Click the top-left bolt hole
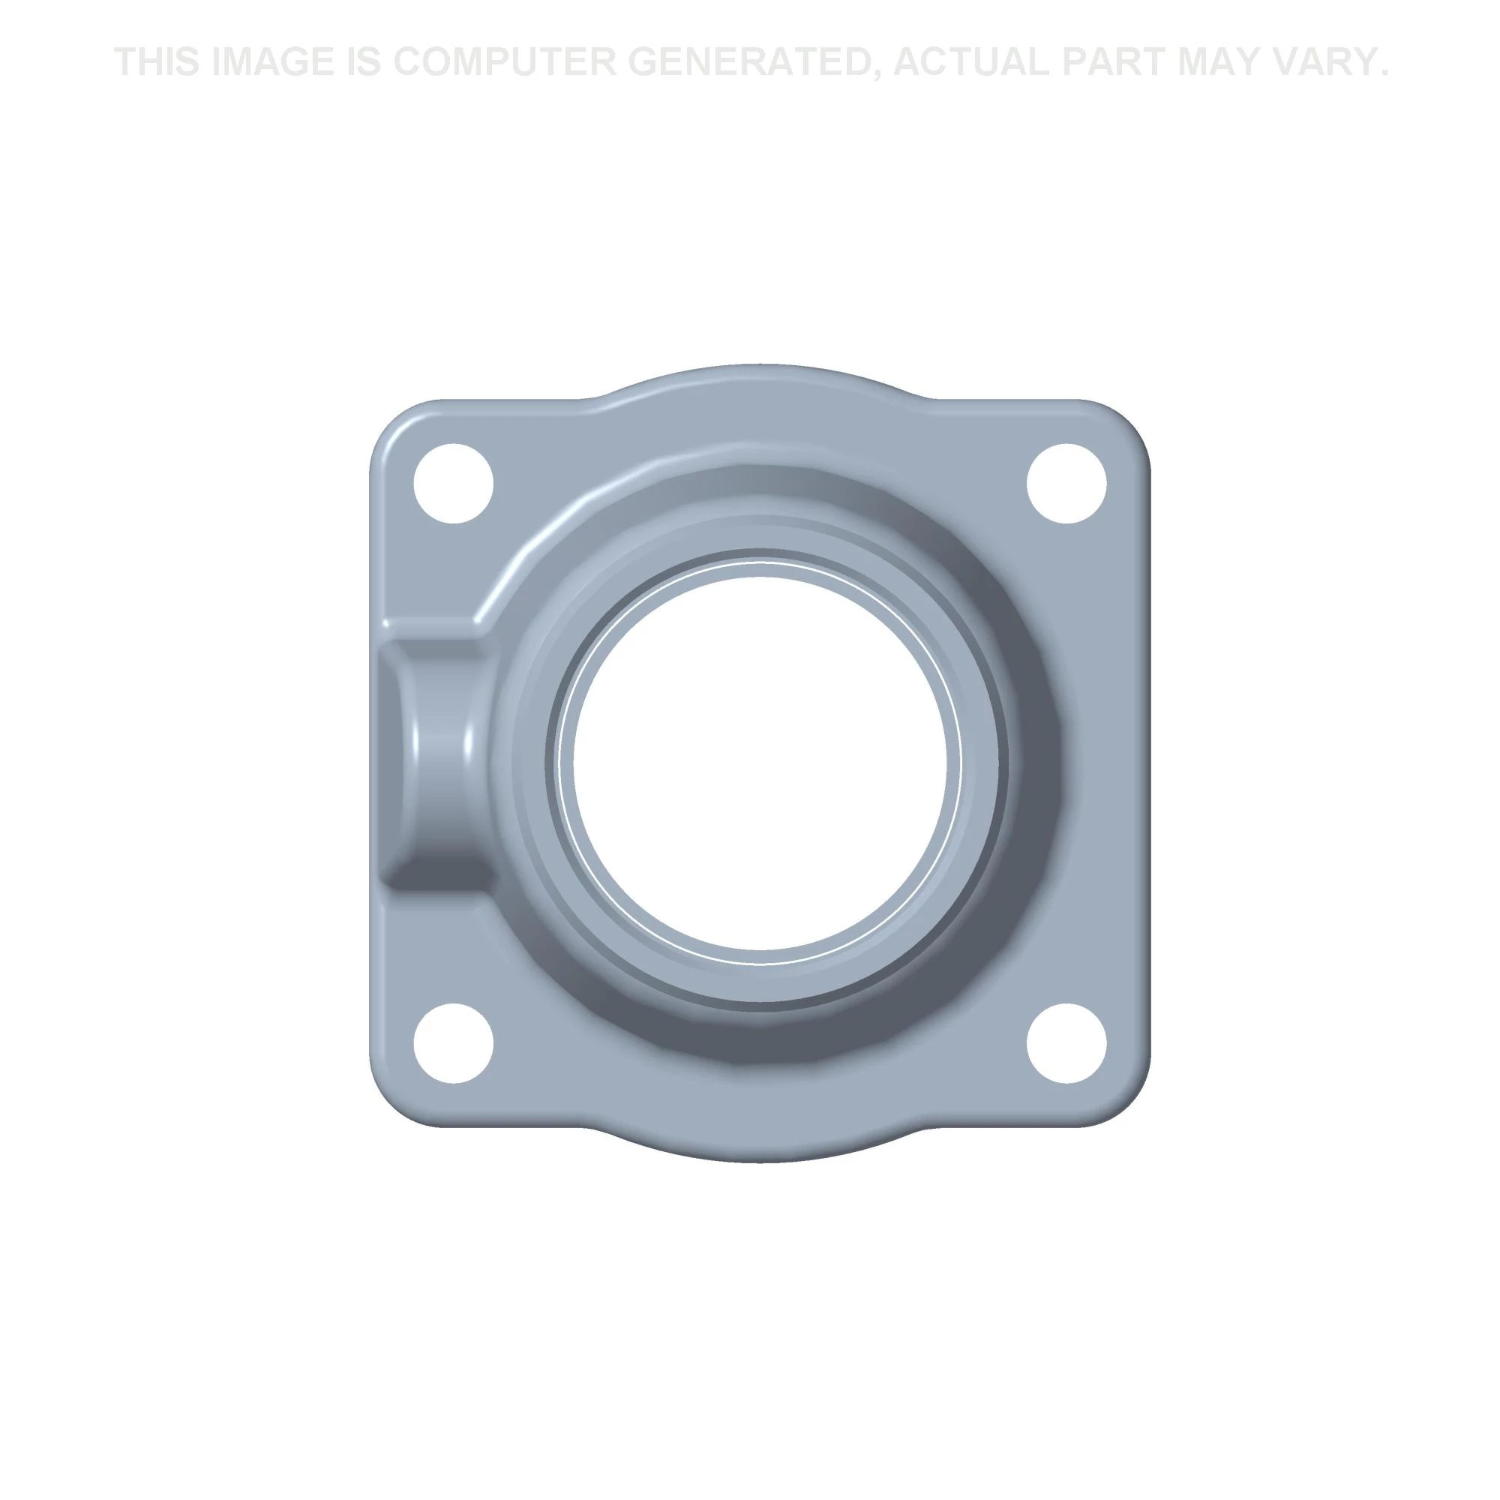click(454, 484)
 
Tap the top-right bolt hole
click(1066, 484)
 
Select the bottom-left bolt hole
click(454, 1042)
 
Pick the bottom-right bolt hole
click(1066, 1042)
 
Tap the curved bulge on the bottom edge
click(759, 1143)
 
